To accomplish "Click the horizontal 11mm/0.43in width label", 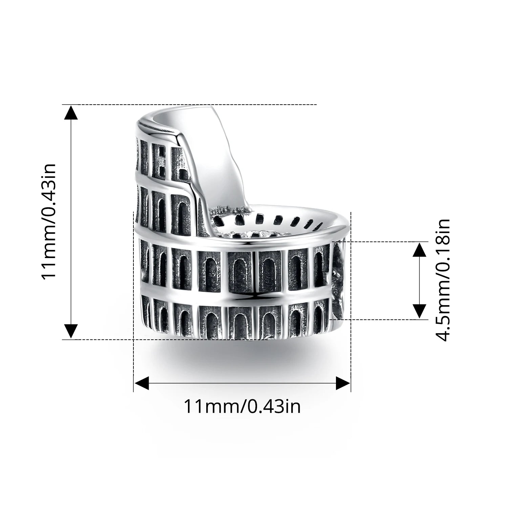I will tap(242, 406).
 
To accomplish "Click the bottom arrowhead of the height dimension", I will tap(71, 331).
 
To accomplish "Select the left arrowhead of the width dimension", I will tap(142, 384).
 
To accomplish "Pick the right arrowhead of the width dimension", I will tap(343, 384).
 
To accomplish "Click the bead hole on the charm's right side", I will tap(338, 278).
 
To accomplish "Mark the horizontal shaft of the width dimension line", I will tap(242, 384).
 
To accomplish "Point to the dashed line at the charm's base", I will tap(102, 339).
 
